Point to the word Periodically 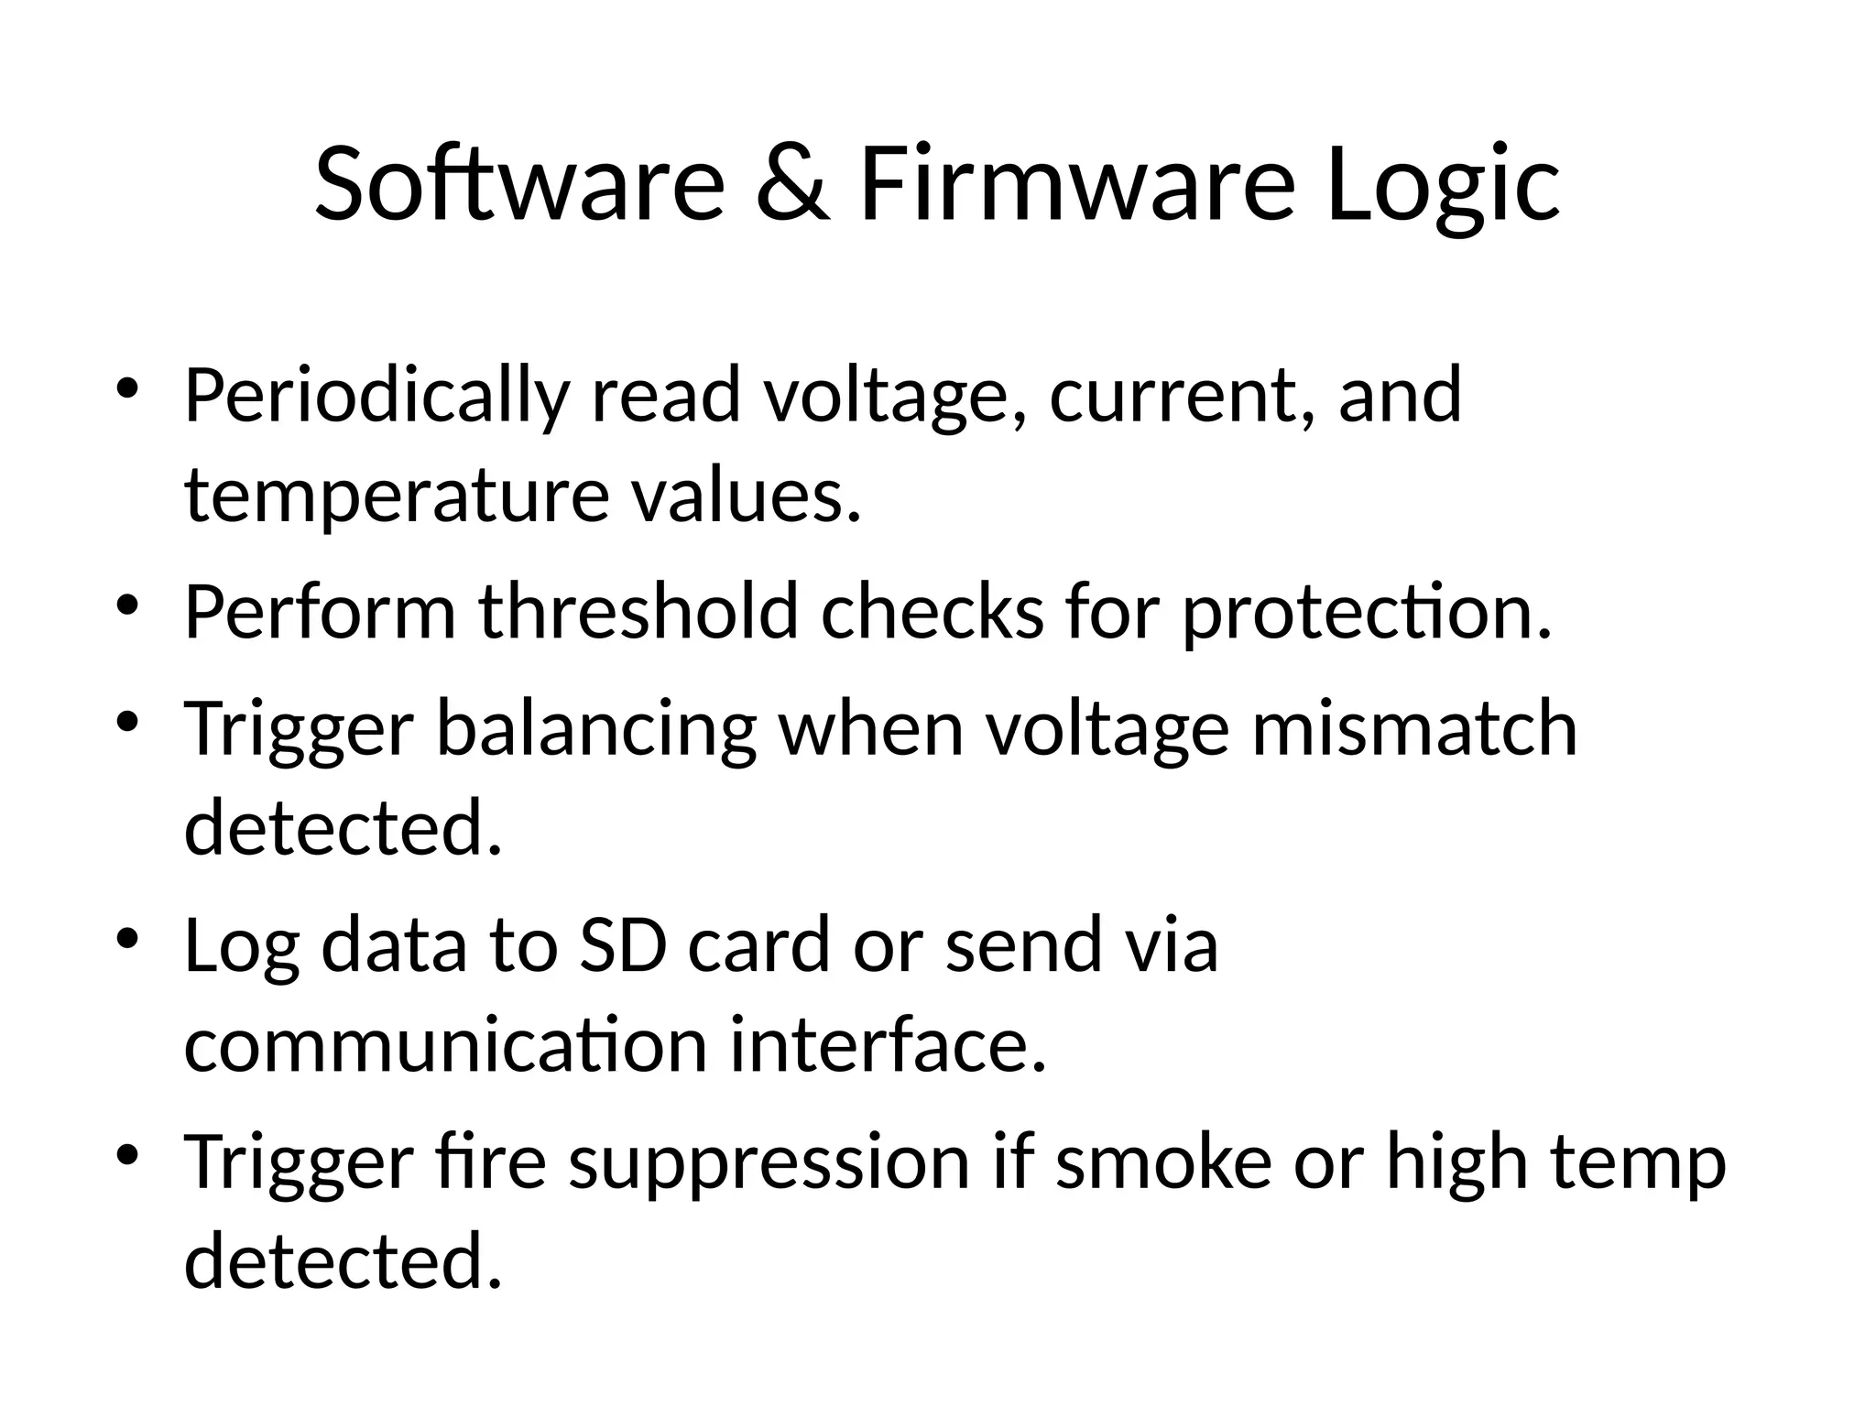[376, 397]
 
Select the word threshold [638, 611]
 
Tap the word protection [1367, 613]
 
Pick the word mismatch [1414, 727]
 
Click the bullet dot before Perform [127, 605]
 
